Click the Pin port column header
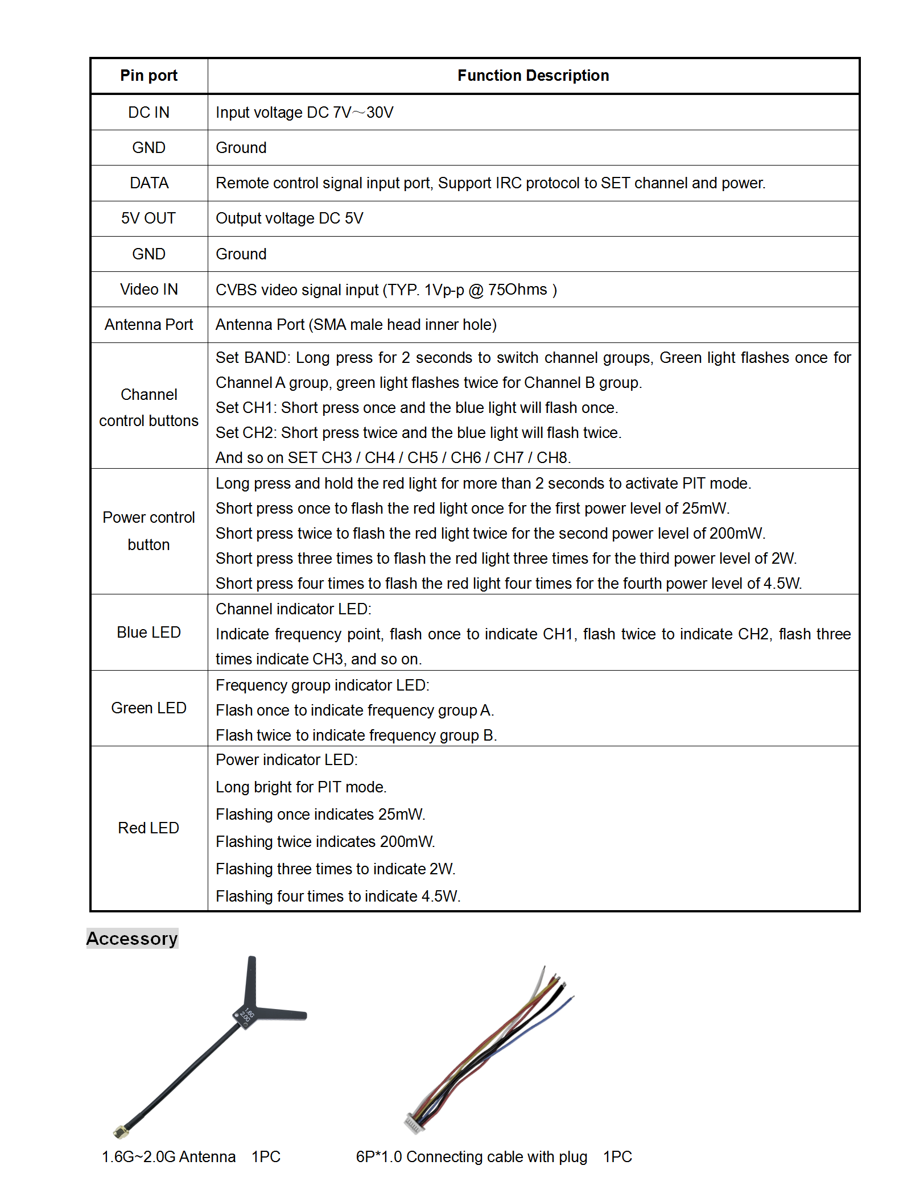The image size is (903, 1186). (x=149, y=76)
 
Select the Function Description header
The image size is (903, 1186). (x=533, y=76)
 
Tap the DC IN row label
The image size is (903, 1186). (x=149, y=113)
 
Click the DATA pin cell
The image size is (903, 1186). (x=149, y=183)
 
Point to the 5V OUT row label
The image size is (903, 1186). (x=149, y=218)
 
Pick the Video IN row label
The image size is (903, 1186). (x=149, y=290)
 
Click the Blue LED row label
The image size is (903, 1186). (x=149, y=633)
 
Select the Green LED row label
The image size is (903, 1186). (x=149, y=708)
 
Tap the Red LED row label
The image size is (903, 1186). (x=149, y=828)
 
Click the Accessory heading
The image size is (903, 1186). (x=132, y=939)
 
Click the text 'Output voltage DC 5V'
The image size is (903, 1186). (x=289, y=218)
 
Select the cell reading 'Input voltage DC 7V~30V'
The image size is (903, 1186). (x=304, y=113)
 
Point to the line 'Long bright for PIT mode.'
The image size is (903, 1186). (x=301, y=787)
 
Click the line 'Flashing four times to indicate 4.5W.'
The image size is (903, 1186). (x=338, y=896)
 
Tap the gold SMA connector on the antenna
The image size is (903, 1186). (x=121, y=1132)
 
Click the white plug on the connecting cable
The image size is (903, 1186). (x=414, y=1124)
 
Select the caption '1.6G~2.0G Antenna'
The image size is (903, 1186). (x=168, y=1157)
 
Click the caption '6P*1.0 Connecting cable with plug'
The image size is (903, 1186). (x=471, y=1157)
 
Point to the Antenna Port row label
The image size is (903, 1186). (x=149, y=325)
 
